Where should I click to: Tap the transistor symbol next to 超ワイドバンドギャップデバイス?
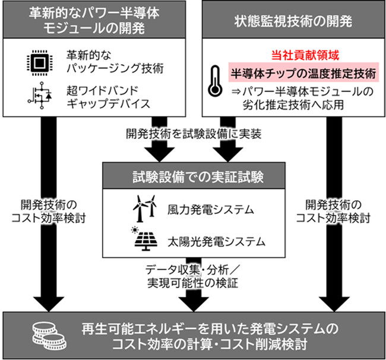[x=39, y=97]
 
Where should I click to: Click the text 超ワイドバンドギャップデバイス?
[x=108, y=97]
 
